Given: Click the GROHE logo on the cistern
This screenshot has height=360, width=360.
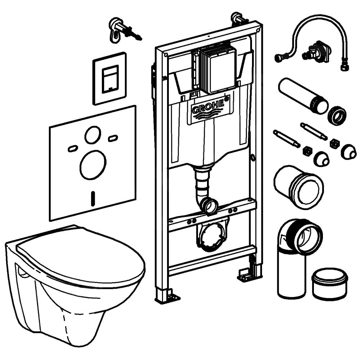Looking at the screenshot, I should pos(208,109).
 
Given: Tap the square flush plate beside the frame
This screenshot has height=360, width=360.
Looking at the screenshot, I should pos(110,78).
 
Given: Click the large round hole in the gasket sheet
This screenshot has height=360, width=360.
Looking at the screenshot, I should pos(93,165).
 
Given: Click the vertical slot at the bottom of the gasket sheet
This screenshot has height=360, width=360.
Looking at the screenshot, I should pos(93,198).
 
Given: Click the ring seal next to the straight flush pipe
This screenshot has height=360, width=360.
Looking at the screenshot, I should pos(337,115).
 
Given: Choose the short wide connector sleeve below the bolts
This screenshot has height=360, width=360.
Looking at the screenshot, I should pos(298,185).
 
